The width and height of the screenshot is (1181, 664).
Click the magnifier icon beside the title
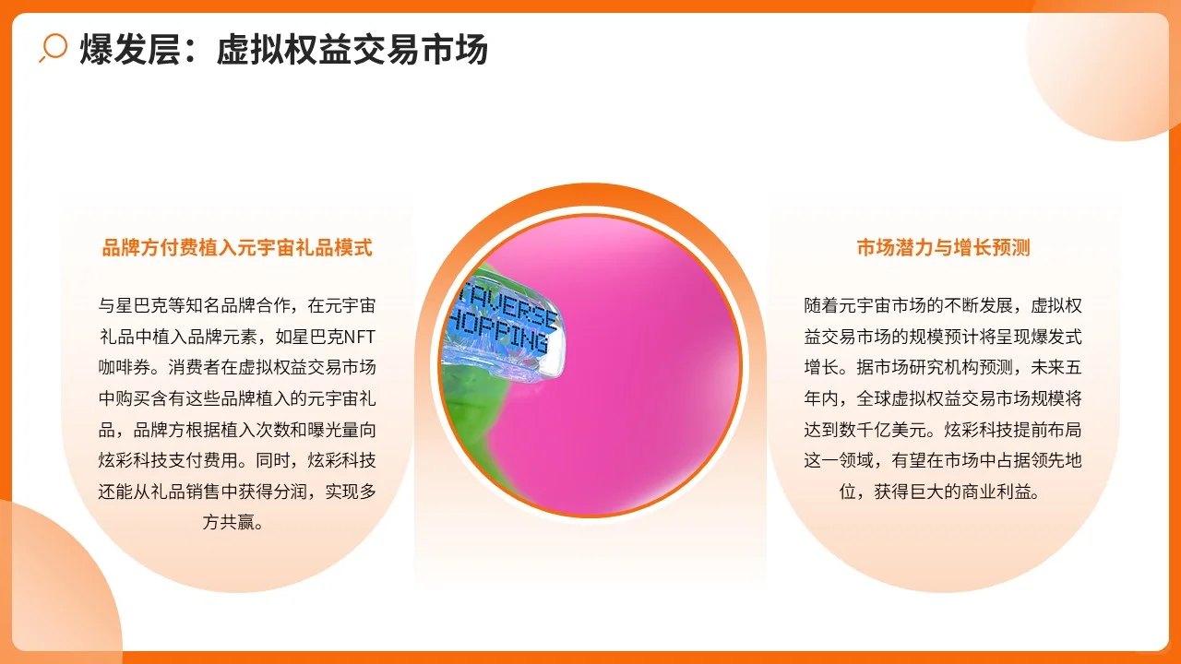[x=54, y=47]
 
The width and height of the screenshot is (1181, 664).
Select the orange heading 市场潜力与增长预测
[x=943, y=247]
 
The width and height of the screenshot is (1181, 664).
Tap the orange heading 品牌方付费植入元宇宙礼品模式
[x=237, y=247]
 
